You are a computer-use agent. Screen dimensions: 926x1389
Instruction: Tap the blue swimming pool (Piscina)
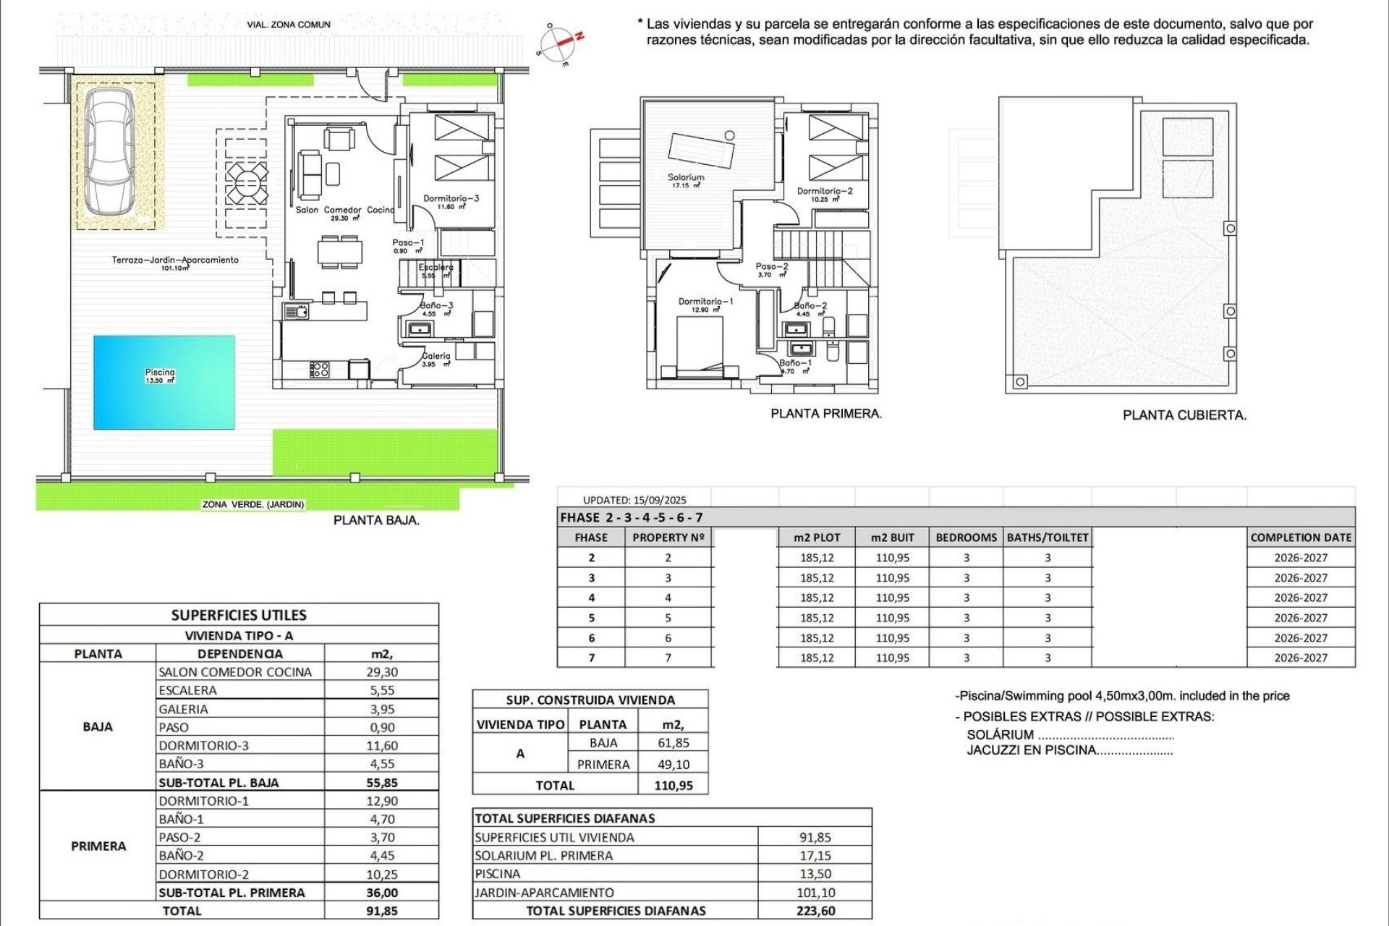pos(163,382)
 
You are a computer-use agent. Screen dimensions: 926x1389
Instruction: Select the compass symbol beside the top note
pos(561,45)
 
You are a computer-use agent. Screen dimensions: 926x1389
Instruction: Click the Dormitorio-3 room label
pos(451,198)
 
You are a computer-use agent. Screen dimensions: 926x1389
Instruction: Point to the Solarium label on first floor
pos(686,177)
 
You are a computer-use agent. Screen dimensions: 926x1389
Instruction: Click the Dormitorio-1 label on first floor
pos(705,302)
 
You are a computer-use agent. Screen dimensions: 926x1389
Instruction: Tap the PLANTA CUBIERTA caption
pos(1184,415)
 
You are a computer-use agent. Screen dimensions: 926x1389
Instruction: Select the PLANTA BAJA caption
pos(376,520)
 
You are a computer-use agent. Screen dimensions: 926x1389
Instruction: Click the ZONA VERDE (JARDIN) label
pos(253,504)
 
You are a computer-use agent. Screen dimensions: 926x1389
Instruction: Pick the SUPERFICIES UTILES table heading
pos(239,615)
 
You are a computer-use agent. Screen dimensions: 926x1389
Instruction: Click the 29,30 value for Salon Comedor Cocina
pos(381,672)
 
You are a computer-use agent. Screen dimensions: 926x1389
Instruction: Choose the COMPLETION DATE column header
pos(1301,538)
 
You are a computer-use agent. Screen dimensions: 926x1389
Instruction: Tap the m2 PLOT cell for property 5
pos(817,618)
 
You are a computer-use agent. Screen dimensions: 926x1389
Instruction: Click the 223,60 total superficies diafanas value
pos(815,911)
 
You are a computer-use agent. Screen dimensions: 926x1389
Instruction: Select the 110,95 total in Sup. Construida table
pos(673,786)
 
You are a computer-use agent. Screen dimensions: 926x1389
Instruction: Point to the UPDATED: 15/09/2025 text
pos(634,500)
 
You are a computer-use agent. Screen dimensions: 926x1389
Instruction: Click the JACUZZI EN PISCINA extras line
pos(1069,750)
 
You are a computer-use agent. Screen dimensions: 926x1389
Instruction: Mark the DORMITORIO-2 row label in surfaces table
pos(204,874)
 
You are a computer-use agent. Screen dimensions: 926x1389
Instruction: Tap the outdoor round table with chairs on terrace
pos(246,183)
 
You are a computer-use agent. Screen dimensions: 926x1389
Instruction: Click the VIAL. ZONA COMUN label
pos(289,25)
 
